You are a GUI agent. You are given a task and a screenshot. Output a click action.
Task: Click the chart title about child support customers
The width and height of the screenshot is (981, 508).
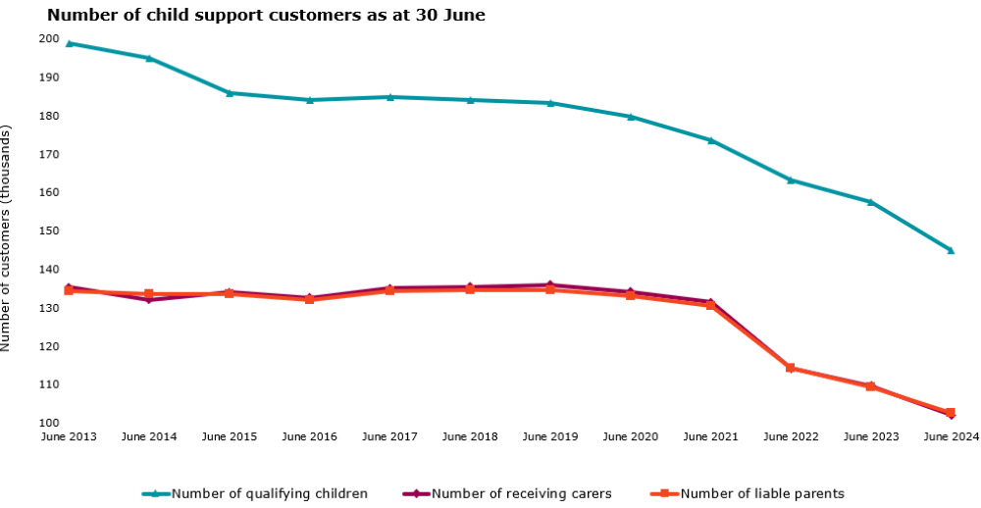click(x=266, y=16)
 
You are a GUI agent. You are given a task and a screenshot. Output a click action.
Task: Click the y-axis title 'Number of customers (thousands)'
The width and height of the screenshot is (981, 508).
click(x=7, y=238)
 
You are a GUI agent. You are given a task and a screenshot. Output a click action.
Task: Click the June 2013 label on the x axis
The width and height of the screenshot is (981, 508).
click(x=69, y=436)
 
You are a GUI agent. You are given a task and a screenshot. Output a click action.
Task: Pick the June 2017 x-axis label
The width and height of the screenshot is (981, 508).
click(x=389, y=436)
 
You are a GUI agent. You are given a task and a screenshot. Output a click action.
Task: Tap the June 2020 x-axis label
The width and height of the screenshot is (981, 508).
click(x=630, y=436)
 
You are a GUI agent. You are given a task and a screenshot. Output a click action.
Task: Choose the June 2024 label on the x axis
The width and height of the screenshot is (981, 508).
click(x=950, y=436)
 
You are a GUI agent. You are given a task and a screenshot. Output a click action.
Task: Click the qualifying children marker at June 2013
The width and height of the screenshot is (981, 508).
click(x=69, y=43)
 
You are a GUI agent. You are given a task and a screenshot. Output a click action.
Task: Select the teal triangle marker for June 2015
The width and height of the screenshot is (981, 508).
click(x=230, y=93)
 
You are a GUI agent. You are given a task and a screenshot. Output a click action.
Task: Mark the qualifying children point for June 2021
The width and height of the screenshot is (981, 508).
click(x=710, y=140)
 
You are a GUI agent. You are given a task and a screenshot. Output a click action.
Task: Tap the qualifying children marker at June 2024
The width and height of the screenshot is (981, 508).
click(x=950, y=250)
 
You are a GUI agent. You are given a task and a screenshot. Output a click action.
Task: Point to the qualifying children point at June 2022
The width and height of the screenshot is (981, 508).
click(x=791, y=179)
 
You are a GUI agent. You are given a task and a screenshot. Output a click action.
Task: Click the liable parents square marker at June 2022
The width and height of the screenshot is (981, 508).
click(x=791, y=369)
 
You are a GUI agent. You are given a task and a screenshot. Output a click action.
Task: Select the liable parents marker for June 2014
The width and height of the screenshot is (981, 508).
click(x=149, y=293)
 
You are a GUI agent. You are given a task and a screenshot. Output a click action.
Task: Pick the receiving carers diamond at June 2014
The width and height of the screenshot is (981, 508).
click(x=149, y=300)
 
